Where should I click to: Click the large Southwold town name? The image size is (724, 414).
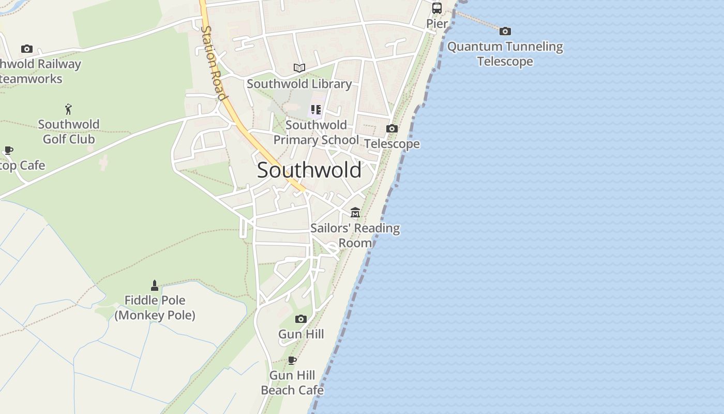click(309, 170)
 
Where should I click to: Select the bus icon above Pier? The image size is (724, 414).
click(437, 8)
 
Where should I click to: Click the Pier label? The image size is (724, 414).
click(437, 24)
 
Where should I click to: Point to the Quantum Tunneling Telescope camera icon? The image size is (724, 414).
click(505, 32)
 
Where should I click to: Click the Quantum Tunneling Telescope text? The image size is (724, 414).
click(505, 54)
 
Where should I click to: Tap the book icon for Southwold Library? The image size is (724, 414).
click(299, 68)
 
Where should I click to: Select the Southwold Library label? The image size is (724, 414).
click(299, 84)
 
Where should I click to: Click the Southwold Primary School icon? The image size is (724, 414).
click(315, 110)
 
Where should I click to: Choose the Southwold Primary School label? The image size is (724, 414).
click(316, 132)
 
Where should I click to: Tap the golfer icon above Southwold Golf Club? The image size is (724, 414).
click(68, 109)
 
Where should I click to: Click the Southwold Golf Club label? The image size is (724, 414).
click(69, 131)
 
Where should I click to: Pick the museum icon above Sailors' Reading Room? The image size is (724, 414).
click(355, 213)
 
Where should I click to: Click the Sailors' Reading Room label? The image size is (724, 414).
click(355, 235)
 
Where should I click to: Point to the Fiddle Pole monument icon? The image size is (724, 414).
click(154, 285)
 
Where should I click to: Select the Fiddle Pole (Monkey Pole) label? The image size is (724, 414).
click(155, 307)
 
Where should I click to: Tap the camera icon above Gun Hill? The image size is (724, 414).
click(301, 319)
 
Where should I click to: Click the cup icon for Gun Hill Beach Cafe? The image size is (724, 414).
click(292, 360)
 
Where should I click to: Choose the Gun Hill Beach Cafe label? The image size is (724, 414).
click(292, 383)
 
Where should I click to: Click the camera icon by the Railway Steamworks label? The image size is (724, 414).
click(27, 49)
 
